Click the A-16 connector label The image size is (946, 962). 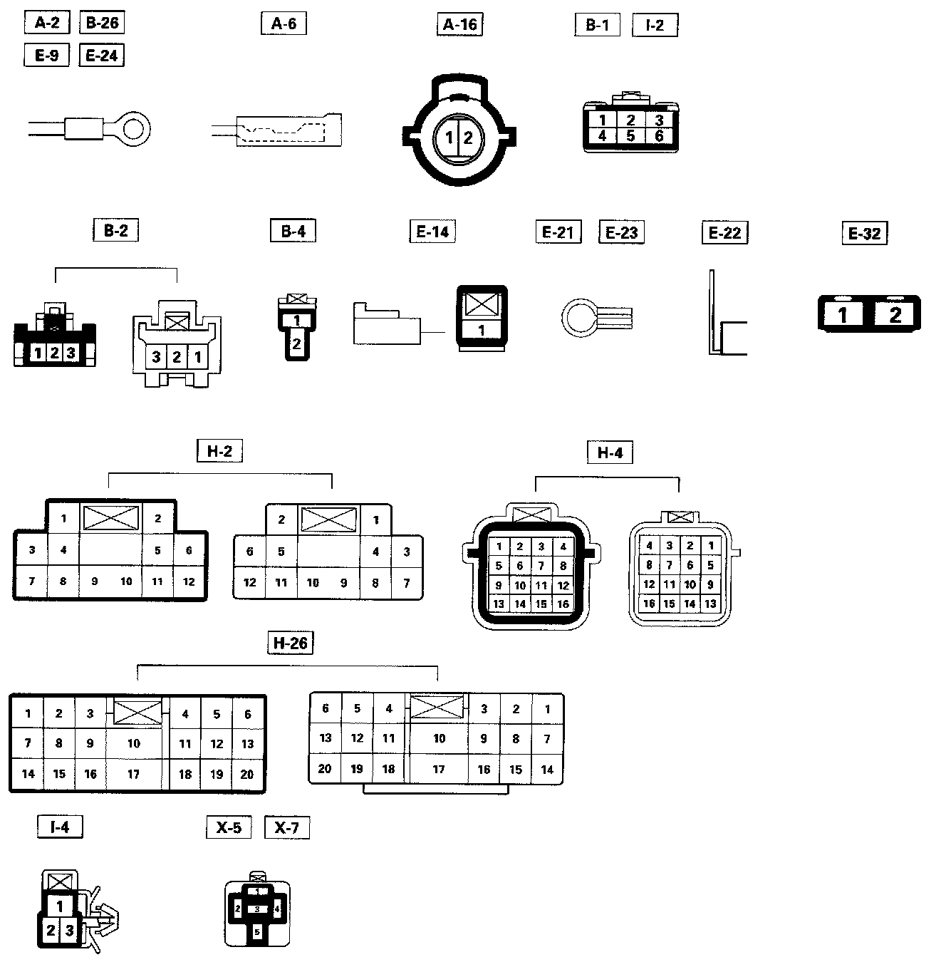pyautogui.click(x=459, y=24)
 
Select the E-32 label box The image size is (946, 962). pyautogui.click(x=865, y=233)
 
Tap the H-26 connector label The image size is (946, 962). pyautogui.click(x=291, y=643)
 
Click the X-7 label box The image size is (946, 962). pyautogui.click(x=286, y=827)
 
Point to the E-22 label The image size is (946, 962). pyautogui.click(x=724, y=232)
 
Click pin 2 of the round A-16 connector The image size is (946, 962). pyautogui.click(x=468, y=138)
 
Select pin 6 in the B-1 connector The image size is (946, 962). pyautogui.click(x=659, y=135)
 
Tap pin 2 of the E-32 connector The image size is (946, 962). pyautogui.click(x=895, y=314)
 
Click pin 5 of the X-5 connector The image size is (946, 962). pyautogui.click(x=257, y=931)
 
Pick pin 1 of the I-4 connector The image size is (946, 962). pyautogui.click(x=60, y=906)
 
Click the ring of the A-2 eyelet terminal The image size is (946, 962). pyautogui.click(x=134, y=130)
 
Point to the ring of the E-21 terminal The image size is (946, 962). pyautogui.click(x=578, y=316)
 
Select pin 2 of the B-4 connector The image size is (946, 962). pyautogui.click(x=296, y=344)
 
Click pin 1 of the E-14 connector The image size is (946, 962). pyautogui.click(x=482, y=330)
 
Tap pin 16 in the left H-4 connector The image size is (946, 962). pyautogui.click(x=563, y=604)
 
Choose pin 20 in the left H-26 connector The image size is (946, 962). pyautogui.click(x=247, y=775)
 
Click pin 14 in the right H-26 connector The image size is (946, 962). pyautogui.click(x=547, y=770)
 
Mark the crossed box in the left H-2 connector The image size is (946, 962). pyautogui.click(x=110, y=517)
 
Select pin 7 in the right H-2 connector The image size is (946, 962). pyautogui.click(x=407, y=583)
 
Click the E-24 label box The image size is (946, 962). pyautogui.click(x=101, y=55)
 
